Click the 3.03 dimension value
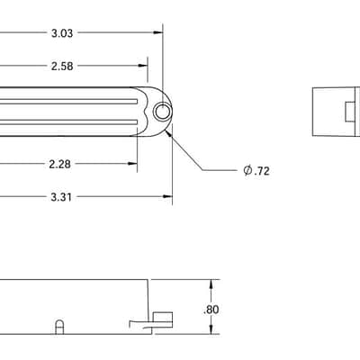[x=62, y=33]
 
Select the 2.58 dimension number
[x=62, y=66]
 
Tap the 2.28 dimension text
[x=60, y=164]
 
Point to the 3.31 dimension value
[x=61, y=197]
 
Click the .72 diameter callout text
[x=262, y=171]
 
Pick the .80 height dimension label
[x=211, y=310]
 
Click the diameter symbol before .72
[x=247, y=171]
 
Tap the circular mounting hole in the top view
[x=163, y=112]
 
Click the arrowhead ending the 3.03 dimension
[x=157, y=32]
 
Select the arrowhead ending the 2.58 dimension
[x=143, y=66]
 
